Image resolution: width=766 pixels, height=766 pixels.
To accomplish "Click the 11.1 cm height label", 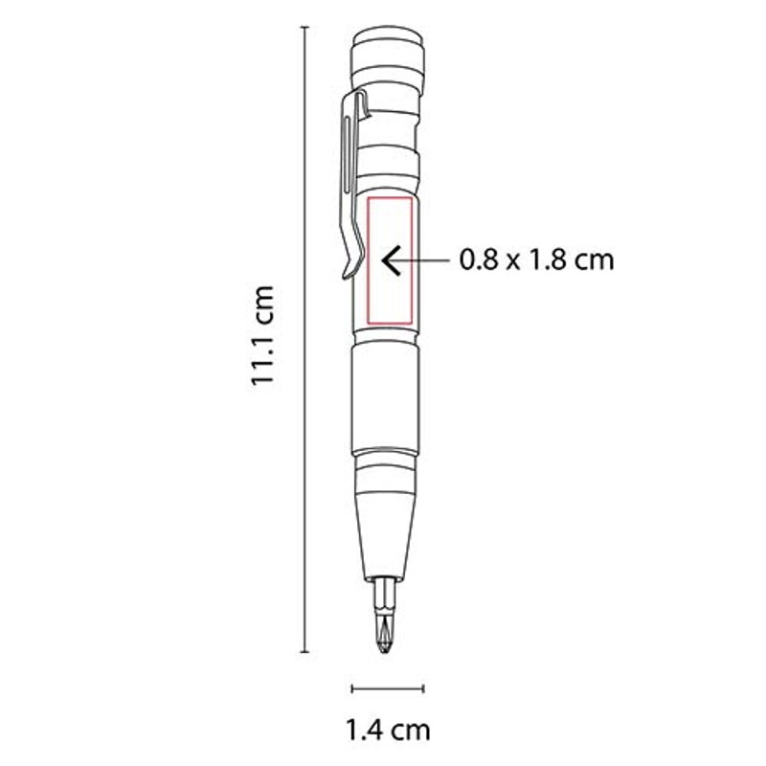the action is [262, 336].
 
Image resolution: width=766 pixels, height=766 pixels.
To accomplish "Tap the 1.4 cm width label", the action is [389, 731].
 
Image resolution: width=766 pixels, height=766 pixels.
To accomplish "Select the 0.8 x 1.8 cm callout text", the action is [536, 259].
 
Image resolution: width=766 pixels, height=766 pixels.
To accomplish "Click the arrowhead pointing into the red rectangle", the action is [391, 260].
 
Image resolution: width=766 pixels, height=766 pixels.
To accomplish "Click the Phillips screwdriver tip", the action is [386, 635].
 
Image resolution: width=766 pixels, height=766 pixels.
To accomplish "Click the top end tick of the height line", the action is [305, 28].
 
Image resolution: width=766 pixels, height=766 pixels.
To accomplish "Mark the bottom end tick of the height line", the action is [305, 652].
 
